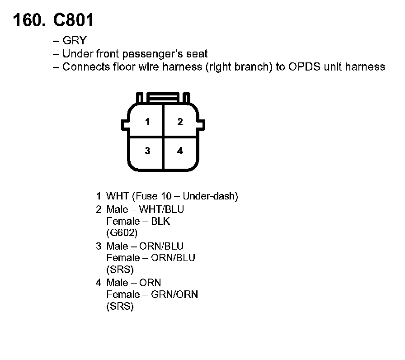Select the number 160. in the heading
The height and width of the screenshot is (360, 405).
pos(29,20)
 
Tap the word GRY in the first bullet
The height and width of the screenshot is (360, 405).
pos(75,41)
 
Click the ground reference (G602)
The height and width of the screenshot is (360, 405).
pos(122,233)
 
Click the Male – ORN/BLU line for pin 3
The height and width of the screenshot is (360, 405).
pos(145,246)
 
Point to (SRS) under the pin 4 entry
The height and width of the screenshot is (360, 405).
pos(120,306)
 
